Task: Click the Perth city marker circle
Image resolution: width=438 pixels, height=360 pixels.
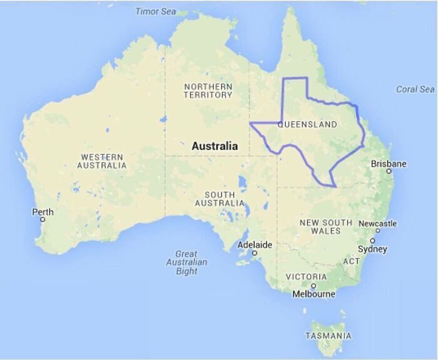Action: pos(43,220)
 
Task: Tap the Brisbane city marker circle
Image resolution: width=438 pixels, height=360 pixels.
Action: pos(389,171)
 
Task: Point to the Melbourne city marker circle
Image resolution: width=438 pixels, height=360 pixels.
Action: pos(313,285)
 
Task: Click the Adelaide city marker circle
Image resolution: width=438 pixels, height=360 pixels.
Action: pos(255,253)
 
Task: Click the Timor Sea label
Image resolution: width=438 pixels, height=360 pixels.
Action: pos(156,11)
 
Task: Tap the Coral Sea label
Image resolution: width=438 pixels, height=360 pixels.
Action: pos(415,89)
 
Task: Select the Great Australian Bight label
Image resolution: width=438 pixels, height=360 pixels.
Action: pos(186,262)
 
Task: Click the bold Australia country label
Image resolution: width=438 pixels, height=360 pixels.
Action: pos(215,146)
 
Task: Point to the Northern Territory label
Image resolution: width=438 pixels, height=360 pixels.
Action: pos(208,90)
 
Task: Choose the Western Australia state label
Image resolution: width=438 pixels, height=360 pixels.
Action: pos(101,161)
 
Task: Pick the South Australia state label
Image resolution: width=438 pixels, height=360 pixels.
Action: pos(220,198)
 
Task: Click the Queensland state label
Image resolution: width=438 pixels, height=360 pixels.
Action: pos(307,125)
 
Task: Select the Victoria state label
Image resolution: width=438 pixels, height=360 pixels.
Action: pos(306,276)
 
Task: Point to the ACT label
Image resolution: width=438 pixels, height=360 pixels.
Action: pos(351,261)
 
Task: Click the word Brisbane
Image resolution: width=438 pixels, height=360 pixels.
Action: pos(389,163)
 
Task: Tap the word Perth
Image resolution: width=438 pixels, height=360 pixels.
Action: pos(43,212)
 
